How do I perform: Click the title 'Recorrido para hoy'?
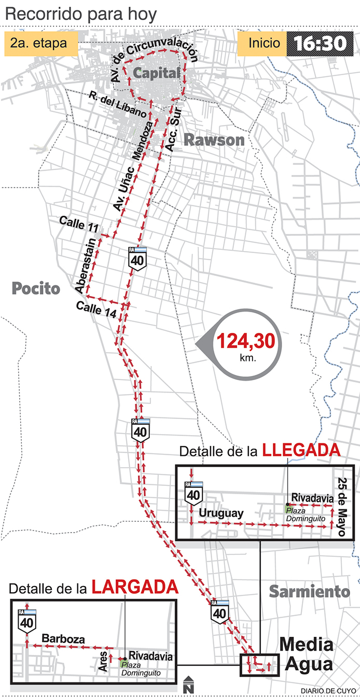pos(81,14)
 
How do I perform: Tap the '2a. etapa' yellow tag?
pos(41,44)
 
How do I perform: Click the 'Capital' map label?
pos(157,73)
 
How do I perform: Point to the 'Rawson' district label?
pos(214,139)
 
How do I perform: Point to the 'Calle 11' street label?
pos(78,223)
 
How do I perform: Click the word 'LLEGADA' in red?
pos(301,450)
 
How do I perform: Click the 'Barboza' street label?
pos(63,639)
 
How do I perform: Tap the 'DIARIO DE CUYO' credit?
pos(328,690)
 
